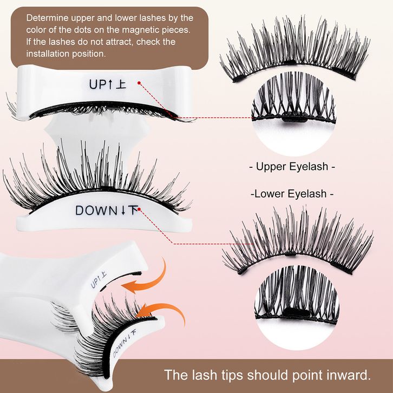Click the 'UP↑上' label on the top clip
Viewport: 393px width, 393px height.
tap(107, 84)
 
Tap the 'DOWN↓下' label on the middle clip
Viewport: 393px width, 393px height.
tap(108, 210)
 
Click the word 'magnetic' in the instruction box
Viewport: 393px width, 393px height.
tap(133, 30)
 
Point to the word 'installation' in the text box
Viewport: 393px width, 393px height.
tap(51, 54)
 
